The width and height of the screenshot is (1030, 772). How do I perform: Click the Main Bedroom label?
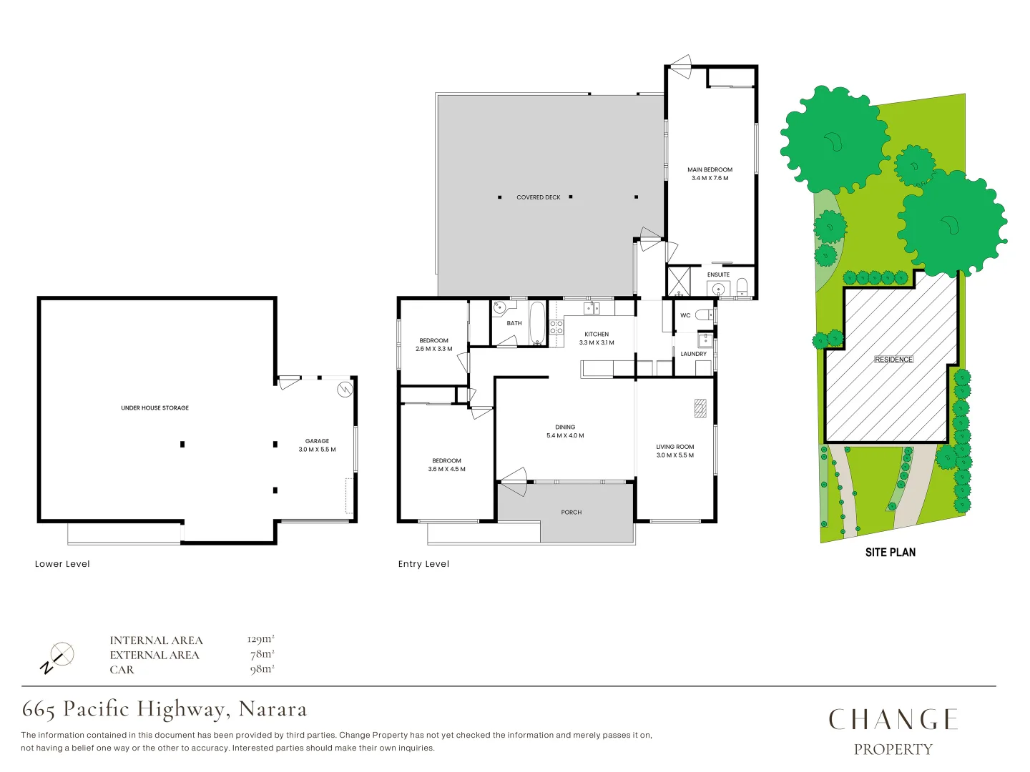click(x=710, y=170)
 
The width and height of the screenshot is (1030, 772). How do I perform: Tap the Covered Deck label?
click(x=539, y=197)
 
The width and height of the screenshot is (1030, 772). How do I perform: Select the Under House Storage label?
click(x=154, y=408)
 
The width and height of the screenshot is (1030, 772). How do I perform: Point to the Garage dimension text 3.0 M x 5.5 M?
click(x=317, y=450)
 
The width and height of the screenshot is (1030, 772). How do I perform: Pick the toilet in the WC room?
click(x=705, y=315)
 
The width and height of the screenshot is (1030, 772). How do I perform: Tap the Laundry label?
click(x=693, y=354)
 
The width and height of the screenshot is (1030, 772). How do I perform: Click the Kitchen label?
click(x=597, y=334)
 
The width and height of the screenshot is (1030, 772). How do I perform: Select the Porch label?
click(x=571, y=513)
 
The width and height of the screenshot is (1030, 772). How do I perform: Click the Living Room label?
click(x=675, y=447)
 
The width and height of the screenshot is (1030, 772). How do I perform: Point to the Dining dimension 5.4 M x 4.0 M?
click(x=565, y=435)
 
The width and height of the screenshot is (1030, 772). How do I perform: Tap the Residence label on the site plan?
click(x=893, y=360)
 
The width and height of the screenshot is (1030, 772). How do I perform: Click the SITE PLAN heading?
click(x=890, y=552)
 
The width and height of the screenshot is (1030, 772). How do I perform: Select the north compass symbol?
click(x=57, y=658)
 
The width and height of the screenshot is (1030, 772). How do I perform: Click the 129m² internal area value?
click(x=260, y=639)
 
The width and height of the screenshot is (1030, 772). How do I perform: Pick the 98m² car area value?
click(x=262, y=669)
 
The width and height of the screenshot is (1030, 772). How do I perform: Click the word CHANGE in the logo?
click(x=893, y=719)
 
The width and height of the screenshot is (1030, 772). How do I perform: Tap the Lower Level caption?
click(x=62, y=564)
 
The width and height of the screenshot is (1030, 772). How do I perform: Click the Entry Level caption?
click(x=423, y=564)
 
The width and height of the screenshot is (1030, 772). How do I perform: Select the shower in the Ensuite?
click(x=679, y=282)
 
